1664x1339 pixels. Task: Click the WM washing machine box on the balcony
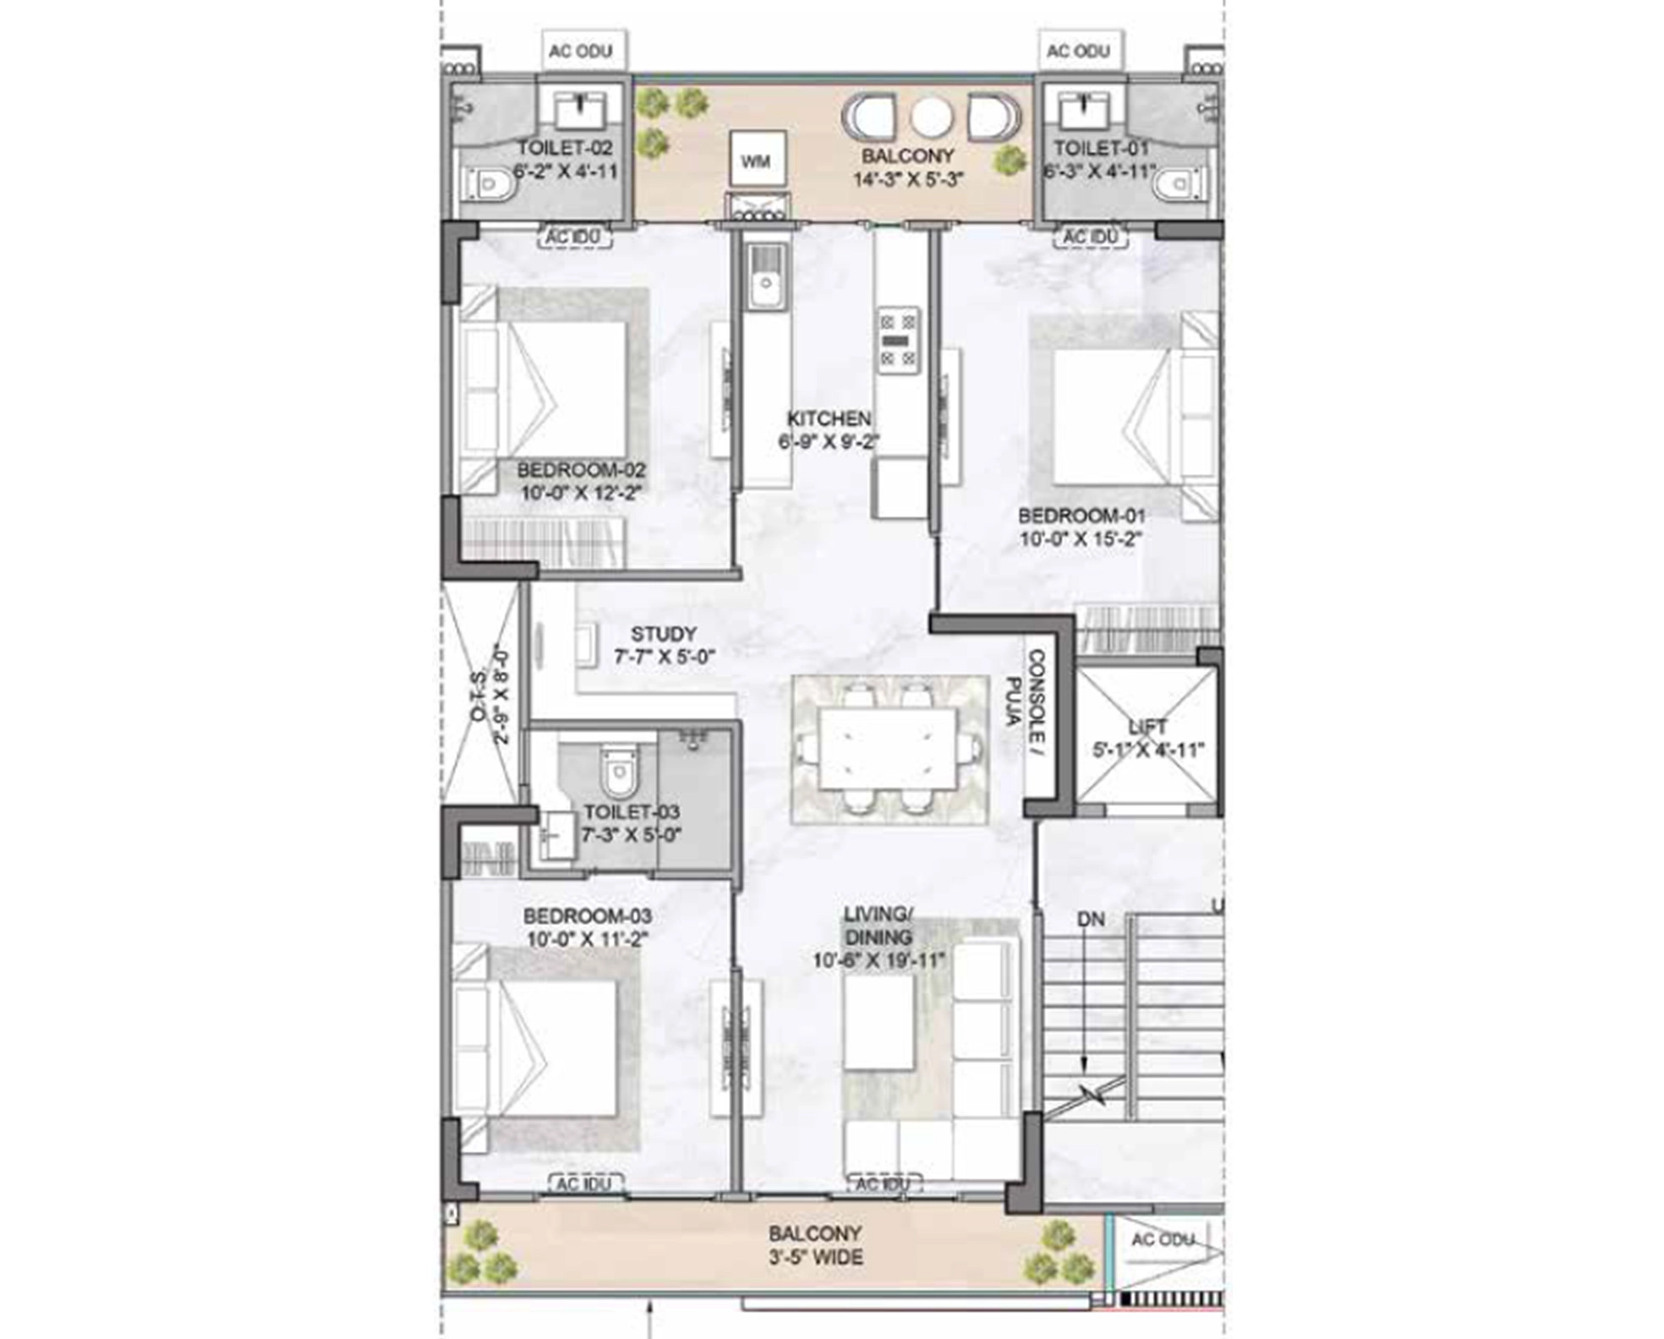coord(757,159)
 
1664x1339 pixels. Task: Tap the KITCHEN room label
coord(829,418)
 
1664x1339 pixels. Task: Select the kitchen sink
coord(766,278)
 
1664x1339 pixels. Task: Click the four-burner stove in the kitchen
coord(897,340)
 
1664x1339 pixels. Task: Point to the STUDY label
coord(664,633)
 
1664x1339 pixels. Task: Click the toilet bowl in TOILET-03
coord(618,771)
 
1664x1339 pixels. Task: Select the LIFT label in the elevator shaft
coord(1147,726)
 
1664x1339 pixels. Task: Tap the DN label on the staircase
coord(1090,919)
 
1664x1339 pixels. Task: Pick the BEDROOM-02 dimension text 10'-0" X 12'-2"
coord(582,492)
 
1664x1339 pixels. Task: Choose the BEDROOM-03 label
coord(587,915)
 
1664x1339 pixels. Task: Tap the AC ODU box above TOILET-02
coord(581,51)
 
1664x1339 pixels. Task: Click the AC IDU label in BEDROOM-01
coord(1091,237)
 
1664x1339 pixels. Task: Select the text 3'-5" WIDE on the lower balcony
coord(816,1257)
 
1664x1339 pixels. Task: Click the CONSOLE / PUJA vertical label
coord(1025,697)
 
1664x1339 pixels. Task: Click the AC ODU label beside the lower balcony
coord(1163,1239)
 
